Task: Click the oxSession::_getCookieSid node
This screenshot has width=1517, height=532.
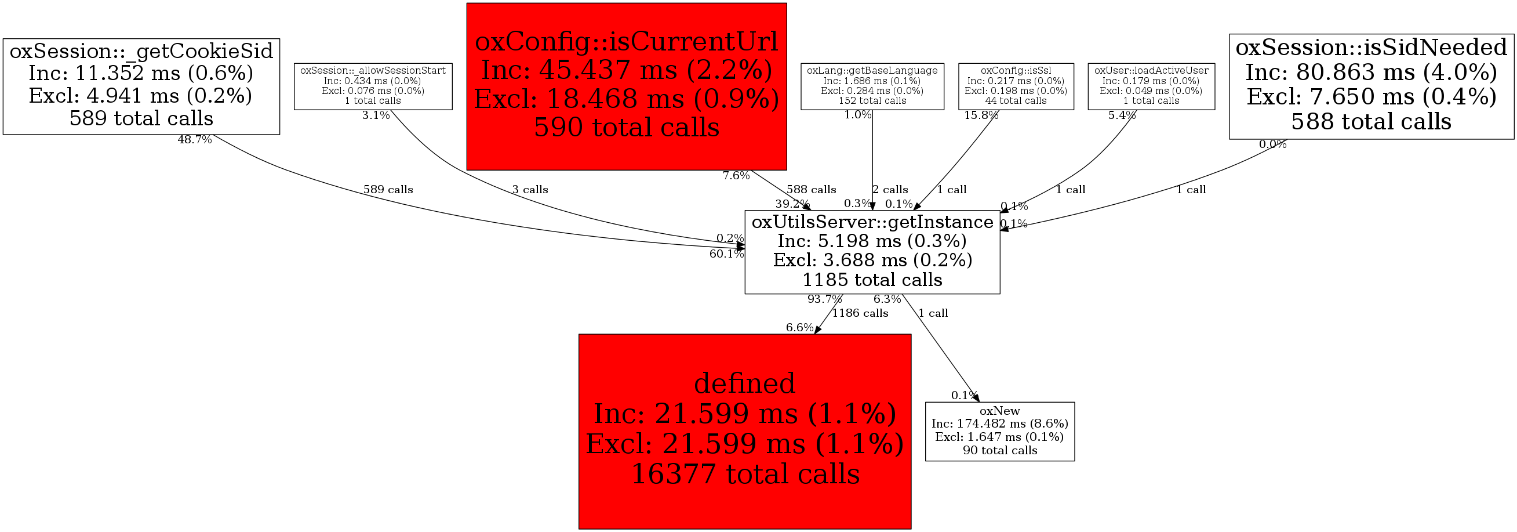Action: [x=141, y=86]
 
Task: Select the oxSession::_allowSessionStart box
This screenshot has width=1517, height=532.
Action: [x=373, y=86]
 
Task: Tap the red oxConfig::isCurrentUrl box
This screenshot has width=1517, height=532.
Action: [x=627, y=86]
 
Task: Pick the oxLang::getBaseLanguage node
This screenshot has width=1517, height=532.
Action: [x=872, y=86]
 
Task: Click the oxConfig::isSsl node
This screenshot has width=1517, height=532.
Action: [x=1016, y=86]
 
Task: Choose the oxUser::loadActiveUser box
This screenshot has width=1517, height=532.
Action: [x=1151, y=86]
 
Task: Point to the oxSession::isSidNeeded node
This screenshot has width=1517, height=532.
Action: [x=1372, y=86]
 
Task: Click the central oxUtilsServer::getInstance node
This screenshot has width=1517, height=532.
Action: [x=872, y=252]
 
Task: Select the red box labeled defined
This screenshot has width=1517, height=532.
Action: [x=744, y=430]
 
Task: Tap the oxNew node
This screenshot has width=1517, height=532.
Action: [x=1000, y=430]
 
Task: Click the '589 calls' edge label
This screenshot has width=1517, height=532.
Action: [x=388, y=190]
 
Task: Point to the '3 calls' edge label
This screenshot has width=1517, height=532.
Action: [x=530, y=190]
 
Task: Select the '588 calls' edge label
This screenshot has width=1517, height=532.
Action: [x=811, y=190]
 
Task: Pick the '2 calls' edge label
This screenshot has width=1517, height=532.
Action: [x=890, y=190]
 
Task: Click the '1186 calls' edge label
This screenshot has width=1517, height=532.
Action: [x=860, y=313]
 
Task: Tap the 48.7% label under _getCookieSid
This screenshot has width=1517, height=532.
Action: [x=194, y=140]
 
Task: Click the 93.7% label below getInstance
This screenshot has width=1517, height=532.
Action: [x=824, y=299]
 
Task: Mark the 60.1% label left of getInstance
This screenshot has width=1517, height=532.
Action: [x=727, y=254]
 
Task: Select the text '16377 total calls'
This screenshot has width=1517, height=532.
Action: [x=745, y=474]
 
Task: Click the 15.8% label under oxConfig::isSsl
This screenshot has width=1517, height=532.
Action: [x=981, y=115]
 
